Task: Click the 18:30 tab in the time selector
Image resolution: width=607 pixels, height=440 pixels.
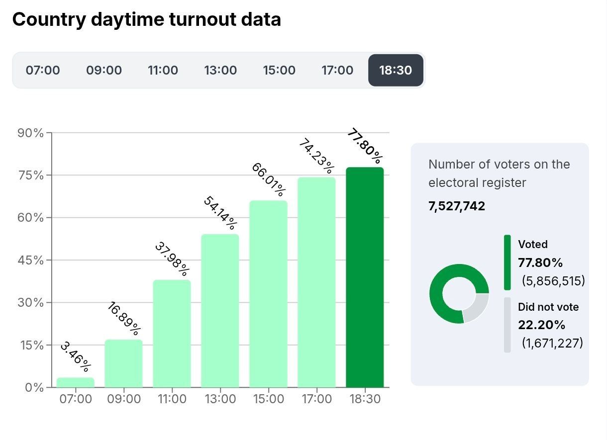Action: tap(396, 70)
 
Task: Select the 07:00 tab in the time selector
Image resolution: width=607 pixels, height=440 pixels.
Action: tap(43, 70)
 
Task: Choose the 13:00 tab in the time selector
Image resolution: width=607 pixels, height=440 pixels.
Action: tap(220, 70)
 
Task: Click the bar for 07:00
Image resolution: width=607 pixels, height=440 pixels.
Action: tap(76, 382)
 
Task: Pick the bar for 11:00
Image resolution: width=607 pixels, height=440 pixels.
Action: tap(172, 333)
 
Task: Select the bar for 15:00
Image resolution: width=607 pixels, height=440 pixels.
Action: tap(268, 293)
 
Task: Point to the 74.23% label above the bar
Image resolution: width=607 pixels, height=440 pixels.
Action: tap(316, 155)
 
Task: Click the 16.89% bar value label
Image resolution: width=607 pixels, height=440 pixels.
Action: tap(124, 318)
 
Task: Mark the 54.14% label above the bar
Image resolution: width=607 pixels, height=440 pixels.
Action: tap(220, 213)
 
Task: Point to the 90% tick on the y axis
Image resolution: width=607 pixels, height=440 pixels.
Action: tap(31, 133)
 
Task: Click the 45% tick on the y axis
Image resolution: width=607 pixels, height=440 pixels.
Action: tap(31, 261)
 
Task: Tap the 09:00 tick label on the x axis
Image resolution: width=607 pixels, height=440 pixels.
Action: tap(124, 399)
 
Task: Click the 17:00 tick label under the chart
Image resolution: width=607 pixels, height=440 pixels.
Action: tap(316, 399)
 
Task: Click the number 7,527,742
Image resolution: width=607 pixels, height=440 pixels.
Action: tap(457, 206)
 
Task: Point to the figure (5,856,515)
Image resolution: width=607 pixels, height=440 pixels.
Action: tap(553, 281)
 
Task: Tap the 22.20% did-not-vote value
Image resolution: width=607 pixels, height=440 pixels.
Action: tap(541, 325)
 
